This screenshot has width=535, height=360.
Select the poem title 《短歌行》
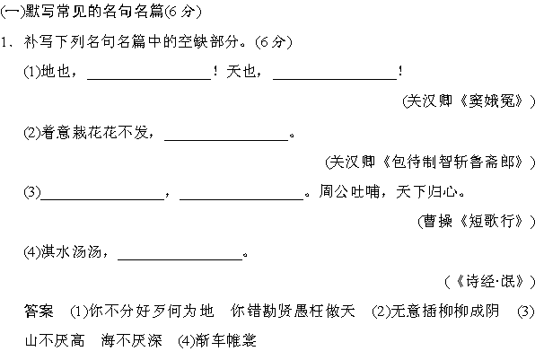pyautogui.click(x=492, y=222)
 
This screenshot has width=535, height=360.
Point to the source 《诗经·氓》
pyautogui.click(x=489, y=282)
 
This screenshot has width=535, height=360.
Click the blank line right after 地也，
pyautogui.click(x=149, y=79)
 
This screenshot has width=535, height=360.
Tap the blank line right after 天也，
pyautogui.click(x=335, y=79)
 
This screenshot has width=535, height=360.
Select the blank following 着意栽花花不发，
pyautogui.click(x=226, y=140)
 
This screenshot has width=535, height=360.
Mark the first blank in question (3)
pyautogui.click(x=102, y=199)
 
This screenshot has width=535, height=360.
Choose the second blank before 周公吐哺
pyautogui.click(x=241, y=199)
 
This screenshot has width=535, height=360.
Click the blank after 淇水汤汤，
pyautogui.click(x=180, y=259)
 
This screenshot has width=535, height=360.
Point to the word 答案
pyautogui.click(x=39, y=311)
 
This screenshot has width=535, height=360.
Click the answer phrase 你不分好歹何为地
pyautogui.click(x=152, y=311)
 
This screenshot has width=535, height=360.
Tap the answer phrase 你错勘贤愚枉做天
pyautogui.click(x=293, y=311)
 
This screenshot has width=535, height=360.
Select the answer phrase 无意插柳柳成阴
pyautogui.click(x=445, y=311)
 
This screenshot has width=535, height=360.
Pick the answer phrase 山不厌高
pyautogui.click(x=55, y=340)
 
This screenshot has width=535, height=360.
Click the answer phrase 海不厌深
pyautogui.click(x=131, y=340)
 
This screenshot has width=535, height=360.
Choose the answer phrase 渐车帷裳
pyautogui.click(x=226, y=340)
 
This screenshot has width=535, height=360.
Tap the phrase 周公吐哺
pyautogui.click(x=349, y=191)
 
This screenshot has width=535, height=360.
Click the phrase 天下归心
pyautogui.click(x=426, y=191)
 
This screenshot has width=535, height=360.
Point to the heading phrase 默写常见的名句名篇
pyautogui.click(x=94, y=12)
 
